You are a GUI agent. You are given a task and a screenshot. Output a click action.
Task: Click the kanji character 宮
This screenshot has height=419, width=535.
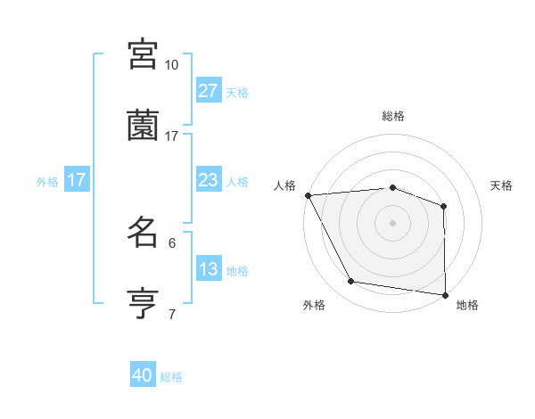click(x=144, y=54)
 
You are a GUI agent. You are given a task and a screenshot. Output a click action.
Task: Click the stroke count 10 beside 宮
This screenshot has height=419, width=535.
click(x=172, y=65)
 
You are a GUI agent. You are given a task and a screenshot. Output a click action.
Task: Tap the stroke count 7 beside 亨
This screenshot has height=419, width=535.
click(x=172, y=314)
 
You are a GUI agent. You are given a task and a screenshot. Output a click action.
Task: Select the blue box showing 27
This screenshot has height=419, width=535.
click(x=208, y=91)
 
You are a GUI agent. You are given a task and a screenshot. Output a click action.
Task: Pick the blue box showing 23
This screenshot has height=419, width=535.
click(x=208, y=180)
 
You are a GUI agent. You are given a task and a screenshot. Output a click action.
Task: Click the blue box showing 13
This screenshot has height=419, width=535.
click(x=208, y=269)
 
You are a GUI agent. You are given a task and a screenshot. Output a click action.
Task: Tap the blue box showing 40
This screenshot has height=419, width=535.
click(x=143, y=376)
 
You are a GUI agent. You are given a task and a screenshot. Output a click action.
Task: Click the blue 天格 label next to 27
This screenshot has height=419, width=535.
click(x=237, y=93)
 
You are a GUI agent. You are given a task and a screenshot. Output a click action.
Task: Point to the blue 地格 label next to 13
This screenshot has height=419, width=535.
click(x=237, y=271)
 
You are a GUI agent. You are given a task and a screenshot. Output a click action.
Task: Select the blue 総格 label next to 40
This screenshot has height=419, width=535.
click(x=171, y=377)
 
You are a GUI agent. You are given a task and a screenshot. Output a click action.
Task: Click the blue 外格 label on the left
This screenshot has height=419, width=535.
click(x=47, y=181)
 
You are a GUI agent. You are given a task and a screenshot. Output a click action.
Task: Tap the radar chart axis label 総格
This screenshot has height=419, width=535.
click(x=393, y=116)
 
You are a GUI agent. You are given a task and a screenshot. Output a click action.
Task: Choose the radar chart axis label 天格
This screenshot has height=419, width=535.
click(x=502, y=185)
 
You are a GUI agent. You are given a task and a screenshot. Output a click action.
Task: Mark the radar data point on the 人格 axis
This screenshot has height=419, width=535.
click(x=308, y=194)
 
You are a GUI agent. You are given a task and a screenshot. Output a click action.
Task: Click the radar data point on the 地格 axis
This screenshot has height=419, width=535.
click(x=445, y=294)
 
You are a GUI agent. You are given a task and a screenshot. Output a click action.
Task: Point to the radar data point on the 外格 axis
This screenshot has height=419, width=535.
click(x=351, y=282)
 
